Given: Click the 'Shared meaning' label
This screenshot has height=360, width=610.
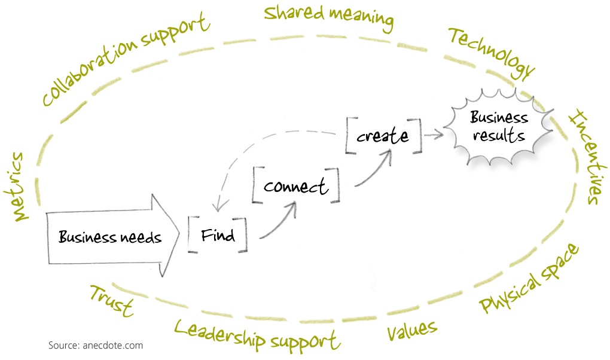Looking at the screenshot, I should coord(329,18).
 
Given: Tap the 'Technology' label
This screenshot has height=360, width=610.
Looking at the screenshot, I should coord(490,54).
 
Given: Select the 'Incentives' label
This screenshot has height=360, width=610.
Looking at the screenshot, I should coord(583,157).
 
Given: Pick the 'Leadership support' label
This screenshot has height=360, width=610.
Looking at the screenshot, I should coord(257,334).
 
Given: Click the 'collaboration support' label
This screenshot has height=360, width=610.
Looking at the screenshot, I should coord(126,60).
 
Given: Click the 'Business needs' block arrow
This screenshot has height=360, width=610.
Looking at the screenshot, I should coord(111,237).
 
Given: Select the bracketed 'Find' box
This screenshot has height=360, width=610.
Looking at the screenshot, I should coord(217,235).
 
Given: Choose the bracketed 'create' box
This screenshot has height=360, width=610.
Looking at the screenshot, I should coord(383,136).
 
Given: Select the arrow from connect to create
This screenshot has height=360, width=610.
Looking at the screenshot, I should coord(374,170).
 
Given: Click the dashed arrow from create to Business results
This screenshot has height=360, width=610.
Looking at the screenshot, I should coord(434,135).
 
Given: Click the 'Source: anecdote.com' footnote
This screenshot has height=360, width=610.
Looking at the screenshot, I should coord(96,345).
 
